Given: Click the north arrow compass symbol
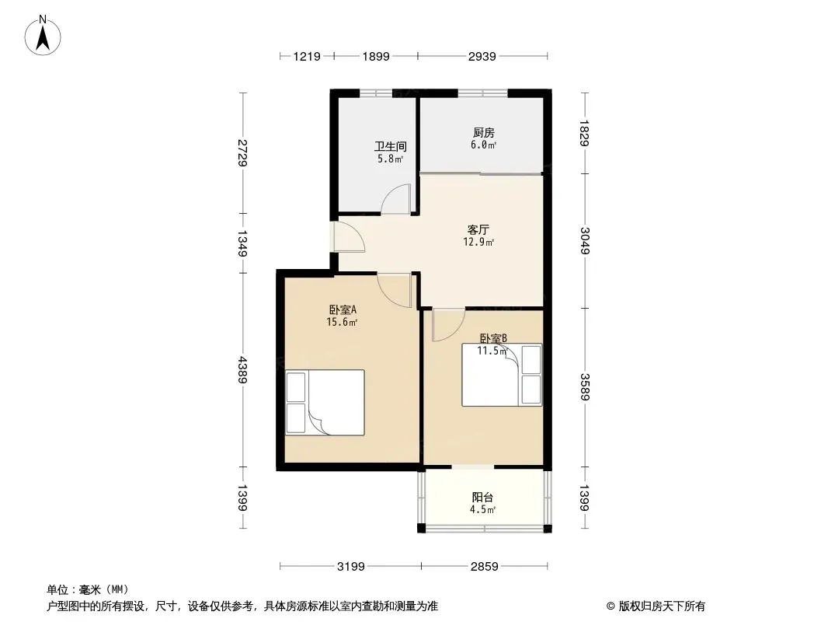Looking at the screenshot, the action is click(x=43, y=36).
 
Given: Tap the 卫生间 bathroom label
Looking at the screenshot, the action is click(x=390, y=146).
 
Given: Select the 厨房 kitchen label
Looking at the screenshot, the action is click(x=484, y=133).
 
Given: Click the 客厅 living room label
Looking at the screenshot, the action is click(x=478, y=230).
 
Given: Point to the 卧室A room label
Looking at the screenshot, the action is click(x=343, y=309).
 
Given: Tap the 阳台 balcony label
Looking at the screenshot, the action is click(x=482, y=498).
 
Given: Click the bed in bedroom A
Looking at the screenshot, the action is click(x=325, y=403).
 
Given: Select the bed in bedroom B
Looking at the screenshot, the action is click(x=502, y=376).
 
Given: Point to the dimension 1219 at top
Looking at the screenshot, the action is click(x=307, y=56).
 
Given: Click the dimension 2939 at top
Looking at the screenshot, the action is click(x=482, y=56).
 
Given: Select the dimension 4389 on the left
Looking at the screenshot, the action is click(x=242, y=370).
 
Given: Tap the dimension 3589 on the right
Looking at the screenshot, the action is click(x=585, y=387).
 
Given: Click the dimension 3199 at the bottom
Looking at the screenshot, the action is click(x=350, y=567).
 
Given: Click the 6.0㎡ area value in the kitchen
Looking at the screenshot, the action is click(x=484, y=145).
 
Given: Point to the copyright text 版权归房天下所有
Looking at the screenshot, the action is click(x=662, y=606).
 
